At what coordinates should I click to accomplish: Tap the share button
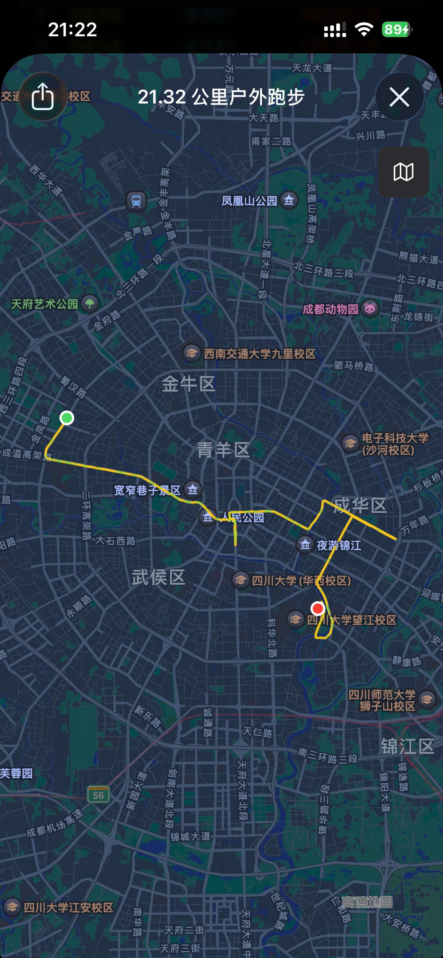click(x=42, y=96)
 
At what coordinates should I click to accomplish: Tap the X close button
click(x=399, y=97)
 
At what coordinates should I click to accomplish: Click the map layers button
click(x=403, y=172)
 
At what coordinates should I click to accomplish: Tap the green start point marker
click(x=67, y=418)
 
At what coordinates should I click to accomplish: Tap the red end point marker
click(x=317, y=608)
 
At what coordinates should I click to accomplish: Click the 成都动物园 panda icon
click(x=370, y=308)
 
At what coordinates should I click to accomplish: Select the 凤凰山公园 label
click(x=249, y=201)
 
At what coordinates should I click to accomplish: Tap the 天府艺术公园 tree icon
click(x=90, y=303)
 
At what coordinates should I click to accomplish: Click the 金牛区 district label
click(x=189, y=384)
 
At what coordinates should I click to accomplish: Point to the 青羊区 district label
click(x=223, y=450)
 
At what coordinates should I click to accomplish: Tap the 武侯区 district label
click(x=158, y=577)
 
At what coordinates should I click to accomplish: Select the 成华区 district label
click(x=360, y=505)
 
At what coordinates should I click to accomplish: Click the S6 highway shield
click(x=98, y=795)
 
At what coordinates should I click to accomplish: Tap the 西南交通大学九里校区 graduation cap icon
click(x=192, y=353)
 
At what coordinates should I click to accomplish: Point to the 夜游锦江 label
click(x=339, y=545)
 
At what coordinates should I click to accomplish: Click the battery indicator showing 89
click(x=396, y=30)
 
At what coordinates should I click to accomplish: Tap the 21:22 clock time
click(x=72, y=30)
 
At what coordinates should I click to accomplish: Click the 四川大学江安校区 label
click(x=68, y=907)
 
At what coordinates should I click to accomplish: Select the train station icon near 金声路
click(x=136, y=201)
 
